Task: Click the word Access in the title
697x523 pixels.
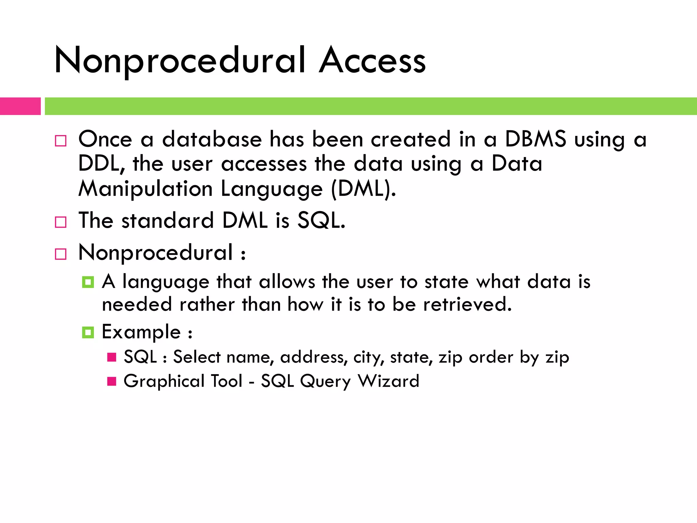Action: [x=372, y=61]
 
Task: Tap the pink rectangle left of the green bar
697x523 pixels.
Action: [x=20, y=106]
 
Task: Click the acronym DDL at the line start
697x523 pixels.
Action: [x=99, y=164]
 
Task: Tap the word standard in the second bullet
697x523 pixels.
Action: [x=167, y=220]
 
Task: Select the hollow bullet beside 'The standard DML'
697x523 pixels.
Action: [x=61, y=222]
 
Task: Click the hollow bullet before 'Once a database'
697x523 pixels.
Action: [x=61, y=141]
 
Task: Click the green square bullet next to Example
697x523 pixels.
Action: [x=88, y=332]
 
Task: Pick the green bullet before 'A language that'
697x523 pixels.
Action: [x=88, y=282]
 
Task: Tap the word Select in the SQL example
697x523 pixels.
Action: [x=197, y=357]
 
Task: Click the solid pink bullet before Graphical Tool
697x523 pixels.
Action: [x=112, y=381]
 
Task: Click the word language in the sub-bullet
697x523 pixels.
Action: [x=165, y=282]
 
